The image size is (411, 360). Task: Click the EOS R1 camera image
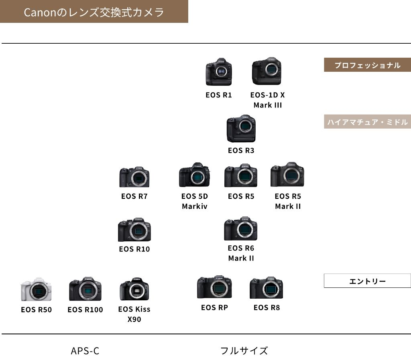(219, 72)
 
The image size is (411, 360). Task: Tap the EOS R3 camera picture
(241, 129)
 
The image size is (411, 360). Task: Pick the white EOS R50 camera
(36, 289)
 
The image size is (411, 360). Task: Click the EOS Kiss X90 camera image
(134, 289)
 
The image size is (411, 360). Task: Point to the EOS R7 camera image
(134, 176)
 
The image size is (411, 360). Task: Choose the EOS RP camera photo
(214, 287)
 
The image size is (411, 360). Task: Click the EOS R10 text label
(134, 249)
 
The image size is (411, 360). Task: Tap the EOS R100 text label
(85, 309)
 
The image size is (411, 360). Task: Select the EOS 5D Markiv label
(195, 201)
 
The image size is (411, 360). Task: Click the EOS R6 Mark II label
(241, 253)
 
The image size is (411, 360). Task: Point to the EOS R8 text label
(267, 307)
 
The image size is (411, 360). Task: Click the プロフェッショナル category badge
(367, 65)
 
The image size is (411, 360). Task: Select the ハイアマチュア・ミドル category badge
(367, 122)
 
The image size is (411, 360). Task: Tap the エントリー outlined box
(367, 281)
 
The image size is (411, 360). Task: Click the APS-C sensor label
(85, 351)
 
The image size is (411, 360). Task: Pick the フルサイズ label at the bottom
(244, 351)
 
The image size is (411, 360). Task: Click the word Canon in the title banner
(39, 12)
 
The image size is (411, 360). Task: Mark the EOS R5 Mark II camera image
(287, 175)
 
